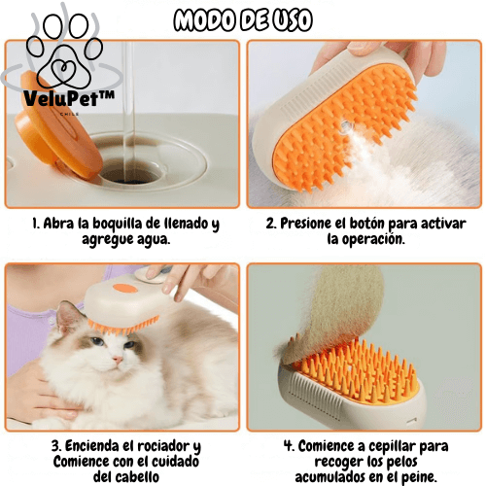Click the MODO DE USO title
(243, 18)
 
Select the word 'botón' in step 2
(375, 225)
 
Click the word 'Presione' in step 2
(309, 225)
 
